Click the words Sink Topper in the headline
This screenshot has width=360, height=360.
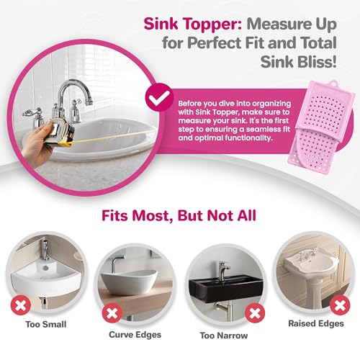[x=193, y=24]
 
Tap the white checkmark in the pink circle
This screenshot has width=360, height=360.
[x=160, y=99]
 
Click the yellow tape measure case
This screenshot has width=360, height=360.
[x=62, y=132]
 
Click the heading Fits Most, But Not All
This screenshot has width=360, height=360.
[x=179, y=215]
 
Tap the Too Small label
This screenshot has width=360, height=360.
[x=46, y=325]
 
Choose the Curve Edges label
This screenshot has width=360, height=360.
[x=135, y=335]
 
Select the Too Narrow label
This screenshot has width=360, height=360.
[x=224, y=336]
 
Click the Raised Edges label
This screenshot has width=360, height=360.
[x=316, y=323]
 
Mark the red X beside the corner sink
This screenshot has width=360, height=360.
[x=21, y=305]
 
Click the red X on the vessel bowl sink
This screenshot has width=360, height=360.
[x=112, y=313]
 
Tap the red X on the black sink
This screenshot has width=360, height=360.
[x=254, y=313]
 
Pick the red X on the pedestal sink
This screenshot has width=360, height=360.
[x=340, y=305]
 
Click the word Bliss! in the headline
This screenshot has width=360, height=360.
[x=317, y=61]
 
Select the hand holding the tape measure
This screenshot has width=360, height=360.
[x=37, y=144]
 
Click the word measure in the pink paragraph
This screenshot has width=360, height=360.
[x=194, y=121]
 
